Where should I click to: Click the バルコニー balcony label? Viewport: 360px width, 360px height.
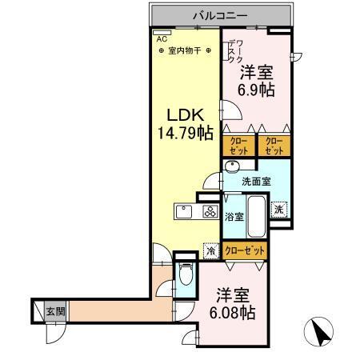[219, 15]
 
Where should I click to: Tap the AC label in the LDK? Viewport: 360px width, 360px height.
[161, 38]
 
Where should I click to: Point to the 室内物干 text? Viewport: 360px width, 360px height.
[185, 50]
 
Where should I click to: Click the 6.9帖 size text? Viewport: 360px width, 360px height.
[258, 89]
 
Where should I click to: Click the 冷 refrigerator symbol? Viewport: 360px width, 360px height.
[210, 250]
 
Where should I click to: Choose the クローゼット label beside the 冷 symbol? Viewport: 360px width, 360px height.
[244, 250]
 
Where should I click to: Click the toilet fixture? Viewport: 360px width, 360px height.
[184, 277]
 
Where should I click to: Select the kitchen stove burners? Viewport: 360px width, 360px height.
[210, 212]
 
